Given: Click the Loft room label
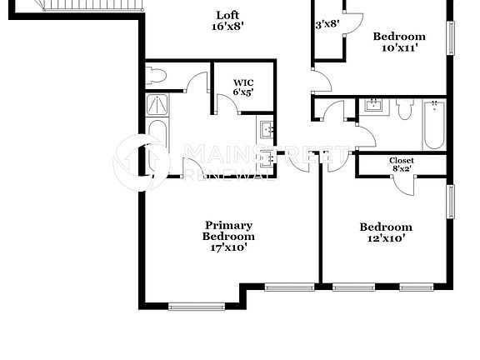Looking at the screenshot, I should (x=228, y=15).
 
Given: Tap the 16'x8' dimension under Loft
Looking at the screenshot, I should (x=228, y=27).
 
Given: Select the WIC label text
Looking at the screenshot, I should (x=243, y=82).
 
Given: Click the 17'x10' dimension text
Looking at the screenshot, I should (x=228, y=247).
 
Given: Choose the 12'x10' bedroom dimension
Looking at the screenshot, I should (x=385, y=238).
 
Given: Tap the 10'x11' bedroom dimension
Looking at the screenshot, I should (x=398, y=47).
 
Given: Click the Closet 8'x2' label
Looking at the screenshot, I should (x=402, y=164).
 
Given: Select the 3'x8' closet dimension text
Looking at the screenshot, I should (x=327, y=24).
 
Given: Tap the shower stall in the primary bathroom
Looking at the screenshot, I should (x=157, y=106).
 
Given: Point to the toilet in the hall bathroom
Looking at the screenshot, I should (x=405, y=108).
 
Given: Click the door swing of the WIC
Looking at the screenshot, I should (x=226, y=105).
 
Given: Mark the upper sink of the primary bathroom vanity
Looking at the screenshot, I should (x=266, y=129).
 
